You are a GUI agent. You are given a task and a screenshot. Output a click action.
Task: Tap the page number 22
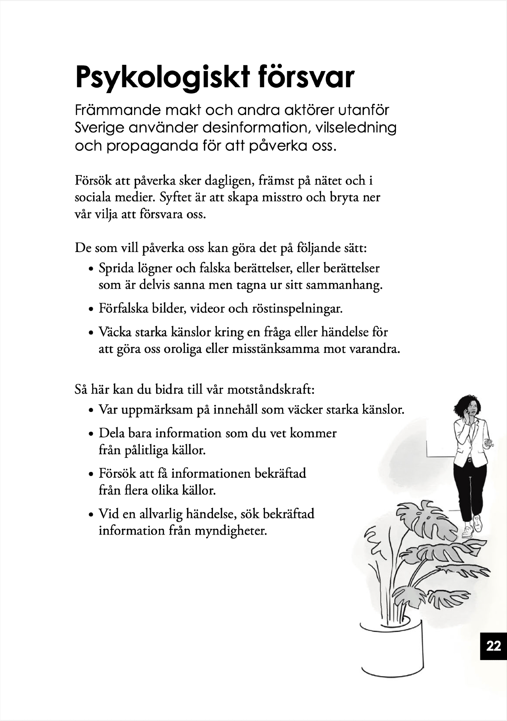[493, 646]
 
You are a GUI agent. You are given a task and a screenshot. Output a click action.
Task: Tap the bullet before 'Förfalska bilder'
[91, 310]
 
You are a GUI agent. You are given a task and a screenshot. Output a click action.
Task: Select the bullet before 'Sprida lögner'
[91, 269]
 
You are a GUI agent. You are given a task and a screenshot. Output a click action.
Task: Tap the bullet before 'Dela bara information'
[91, 434]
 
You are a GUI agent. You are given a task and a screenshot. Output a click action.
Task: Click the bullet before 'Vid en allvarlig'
[91, 514]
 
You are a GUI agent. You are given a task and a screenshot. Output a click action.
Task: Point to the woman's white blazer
[467, 442]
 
